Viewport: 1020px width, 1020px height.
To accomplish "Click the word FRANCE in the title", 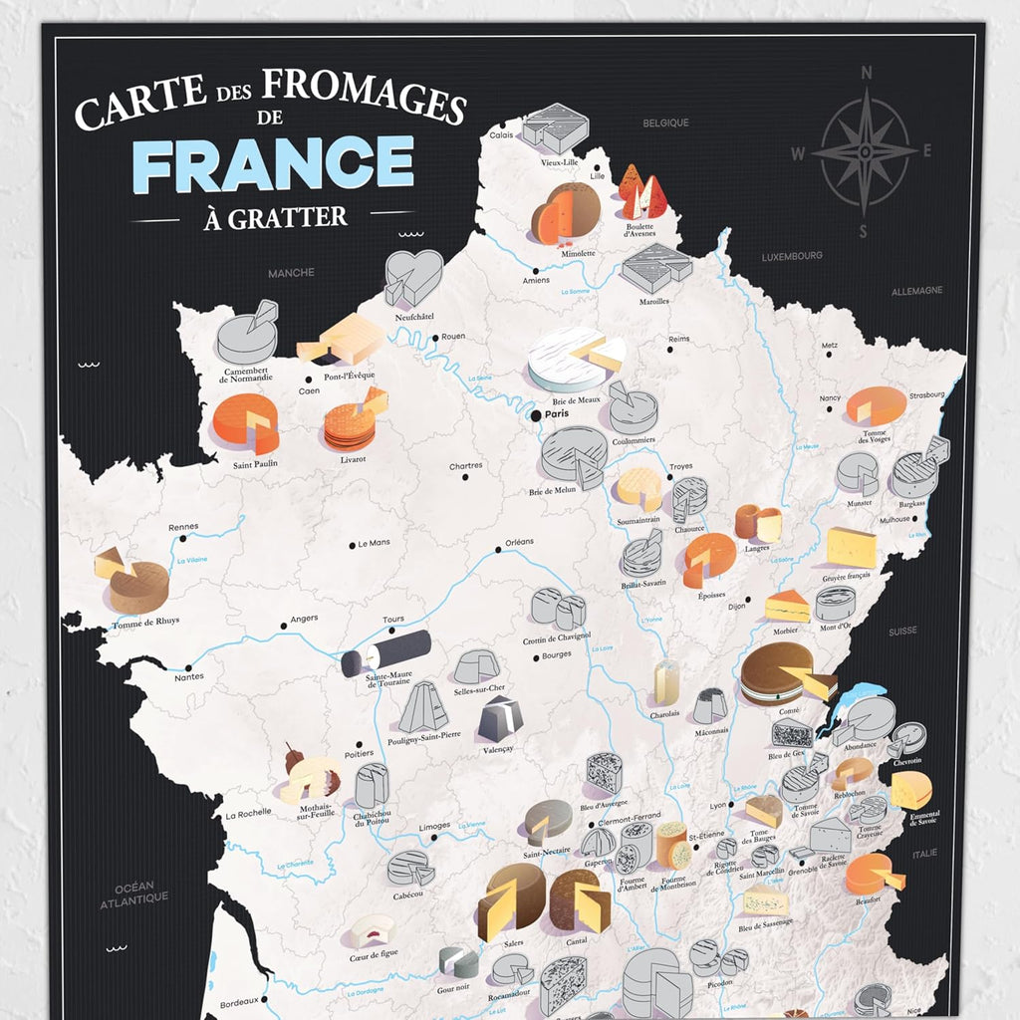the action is (x=273, y=164).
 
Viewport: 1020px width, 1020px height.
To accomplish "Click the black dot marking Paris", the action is (x=536, y=414).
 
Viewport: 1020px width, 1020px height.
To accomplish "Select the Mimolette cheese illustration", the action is (x=566, y=214).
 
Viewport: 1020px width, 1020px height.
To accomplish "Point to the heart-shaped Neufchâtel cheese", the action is (x=412, y=277).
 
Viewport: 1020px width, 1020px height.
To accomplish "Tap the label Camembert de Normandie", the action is (x=247, y=375).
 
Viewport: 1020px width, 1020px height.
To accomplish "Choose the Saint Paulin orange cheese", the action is (x=245, y=422).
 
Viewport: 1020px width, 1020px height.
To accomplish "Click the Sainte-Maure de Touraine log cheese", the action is (x=385, y=653).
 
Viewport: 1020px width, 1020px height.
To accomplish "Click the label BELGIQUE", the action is (x=666, y=124).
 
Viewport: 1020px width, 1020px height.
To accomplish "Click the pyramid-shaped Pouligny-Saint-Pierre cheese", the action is (x=422, y=707).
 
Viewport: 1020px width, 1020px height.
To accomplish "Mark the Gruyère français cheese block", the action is (x=852, y=548).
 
